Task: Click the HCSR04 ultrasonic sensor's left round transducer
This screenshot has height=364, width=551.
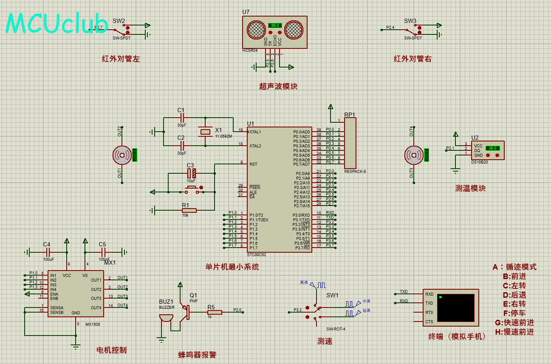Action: click(256, 29)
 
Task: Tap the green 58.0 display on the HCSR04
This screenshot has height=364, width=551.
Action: click(274, 25)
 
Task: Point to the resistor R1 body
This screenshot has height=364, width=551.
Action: click(189, 210)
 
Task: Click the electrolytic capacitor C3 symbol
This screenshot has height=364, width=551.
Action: click(191, 173)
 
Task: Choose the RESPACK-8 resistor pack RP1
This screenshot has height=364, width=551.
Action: click(350, 143)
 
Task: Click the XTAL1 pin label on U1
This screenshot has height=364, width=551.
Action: click(255, 132)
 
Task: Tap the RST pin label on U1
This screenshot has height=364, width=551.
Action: click(253, 164)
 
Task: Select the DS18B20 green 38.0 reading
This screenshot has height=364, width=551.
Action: click(492, 148)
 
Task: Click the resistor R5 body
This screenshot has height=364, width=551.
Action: click(215, 313)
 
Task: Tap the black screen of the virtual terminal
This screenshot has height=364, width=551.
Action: click(455, 308)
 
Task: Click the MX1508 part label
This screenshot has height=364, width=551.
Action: click(93, 324)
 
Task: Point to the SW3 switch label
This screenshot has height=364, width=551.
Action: click(410, 21)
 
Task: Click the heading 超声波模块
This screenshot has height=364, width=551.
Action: click(278, 86)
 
